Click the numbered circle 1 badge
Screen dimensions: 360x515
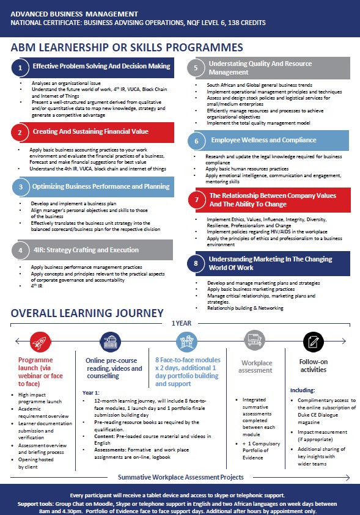20,67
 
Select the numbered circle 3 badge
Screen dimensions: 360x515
20,188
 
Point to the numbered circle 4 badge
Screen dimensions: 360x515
20,250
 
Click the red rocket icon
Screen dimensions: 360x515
39,340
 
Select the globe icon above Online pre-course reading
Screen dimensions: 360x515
111,340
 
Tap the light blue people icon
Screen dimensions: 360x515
186,340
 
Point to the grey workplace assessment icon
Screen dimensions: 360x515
254,340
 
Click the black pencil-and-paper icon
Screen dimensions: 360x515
313,340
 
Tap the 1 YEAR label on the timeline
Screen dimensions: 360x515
181,323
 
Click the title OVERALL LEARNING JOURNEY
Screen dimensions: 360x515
87,313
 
